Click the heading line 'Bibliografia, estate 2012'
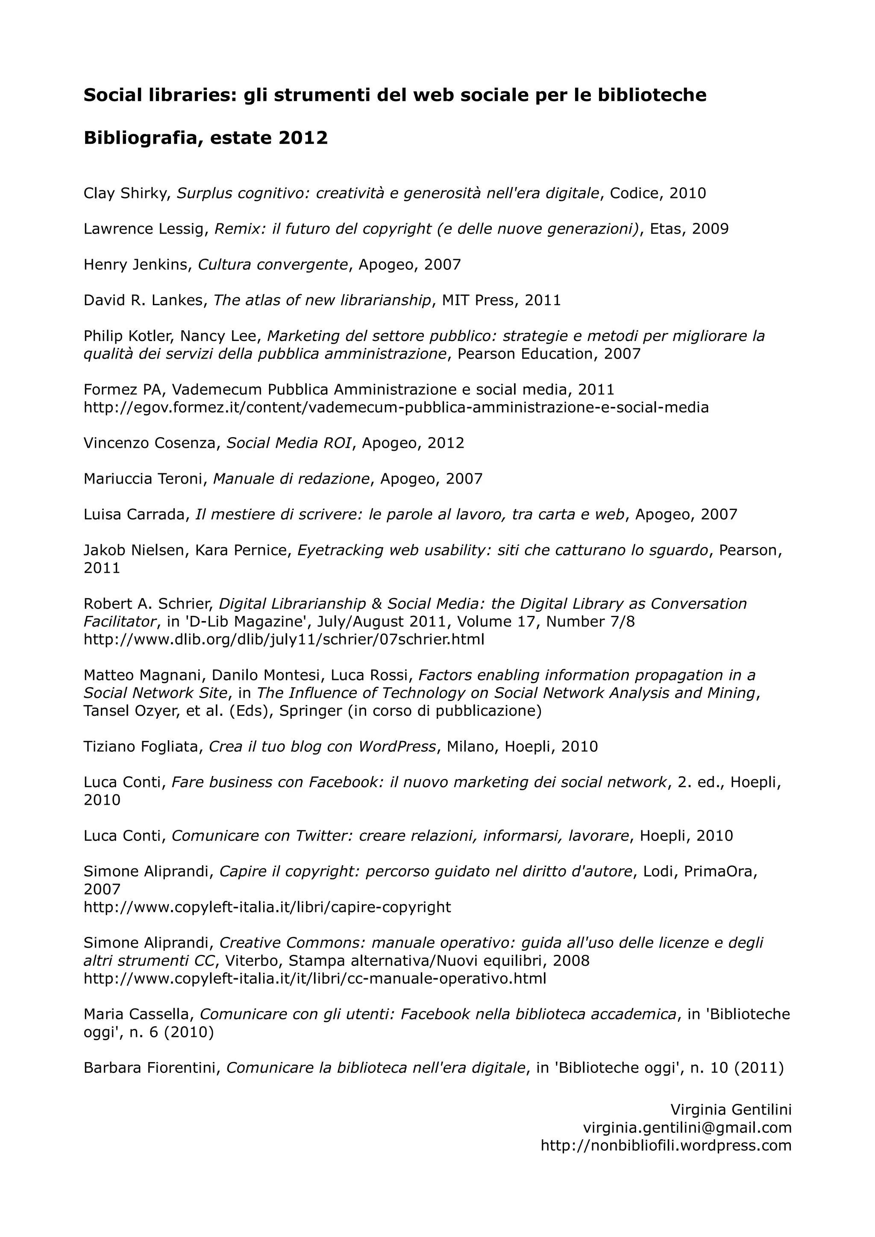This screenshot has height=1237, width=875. [206, 138]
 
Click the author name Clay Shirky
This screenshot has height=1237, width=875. [126, 193]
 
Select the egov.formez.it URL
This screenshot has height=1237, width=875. [396, 407]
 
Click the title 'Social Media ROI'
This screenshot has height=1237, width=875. [288, 443]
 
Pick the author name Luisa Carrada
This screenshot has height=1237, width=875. [134, 514]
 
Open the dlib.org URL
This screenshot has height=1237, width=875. [284, 639]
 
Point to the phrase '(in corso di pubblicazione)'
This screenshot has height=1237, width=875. [444, 711]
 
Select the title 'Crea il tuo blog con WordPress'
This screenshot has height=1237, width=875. [322, 746]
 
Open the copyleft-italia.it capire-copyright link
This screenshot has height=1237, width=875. [267, 907]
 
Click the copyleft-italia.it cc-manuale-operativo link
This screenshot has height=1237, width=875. [314, 978]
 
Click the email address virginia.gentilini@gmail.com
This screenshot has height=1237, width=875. [687, 1128]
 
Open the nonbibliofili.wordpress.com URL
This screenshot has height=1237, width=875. [666, 1145]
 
